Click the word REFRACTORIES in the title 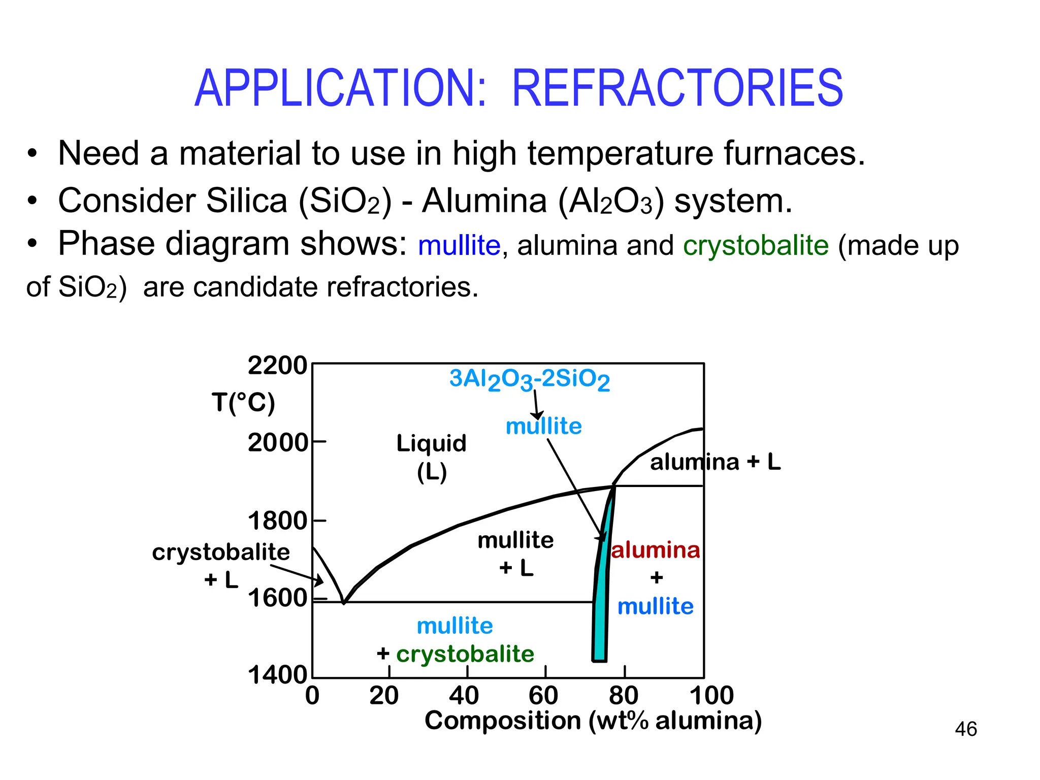pos(677,88)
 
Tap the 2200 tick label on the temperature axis pos(277,366)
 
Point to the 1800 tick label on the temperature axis pos(277,521)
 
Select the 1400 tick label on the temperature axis pos(277,675)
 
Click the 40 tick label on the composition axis pos(464,696)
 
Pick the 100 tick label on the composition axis pos(711,696)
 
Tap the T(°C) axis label pos(243,403)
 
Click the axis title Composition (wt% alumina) pos(593,721)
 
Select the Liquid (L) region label pos(431,457)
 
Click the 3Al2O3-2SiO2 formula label pos(529,379)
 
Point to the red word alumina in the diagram pos(655,550)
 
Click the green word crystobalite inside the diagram pos(465,654)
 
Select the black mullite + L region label pos(515,554)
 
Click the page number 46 pos(965,729)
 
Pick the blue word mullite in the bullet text pos(459,246)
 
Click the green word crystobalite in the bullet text pos(756,246)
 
